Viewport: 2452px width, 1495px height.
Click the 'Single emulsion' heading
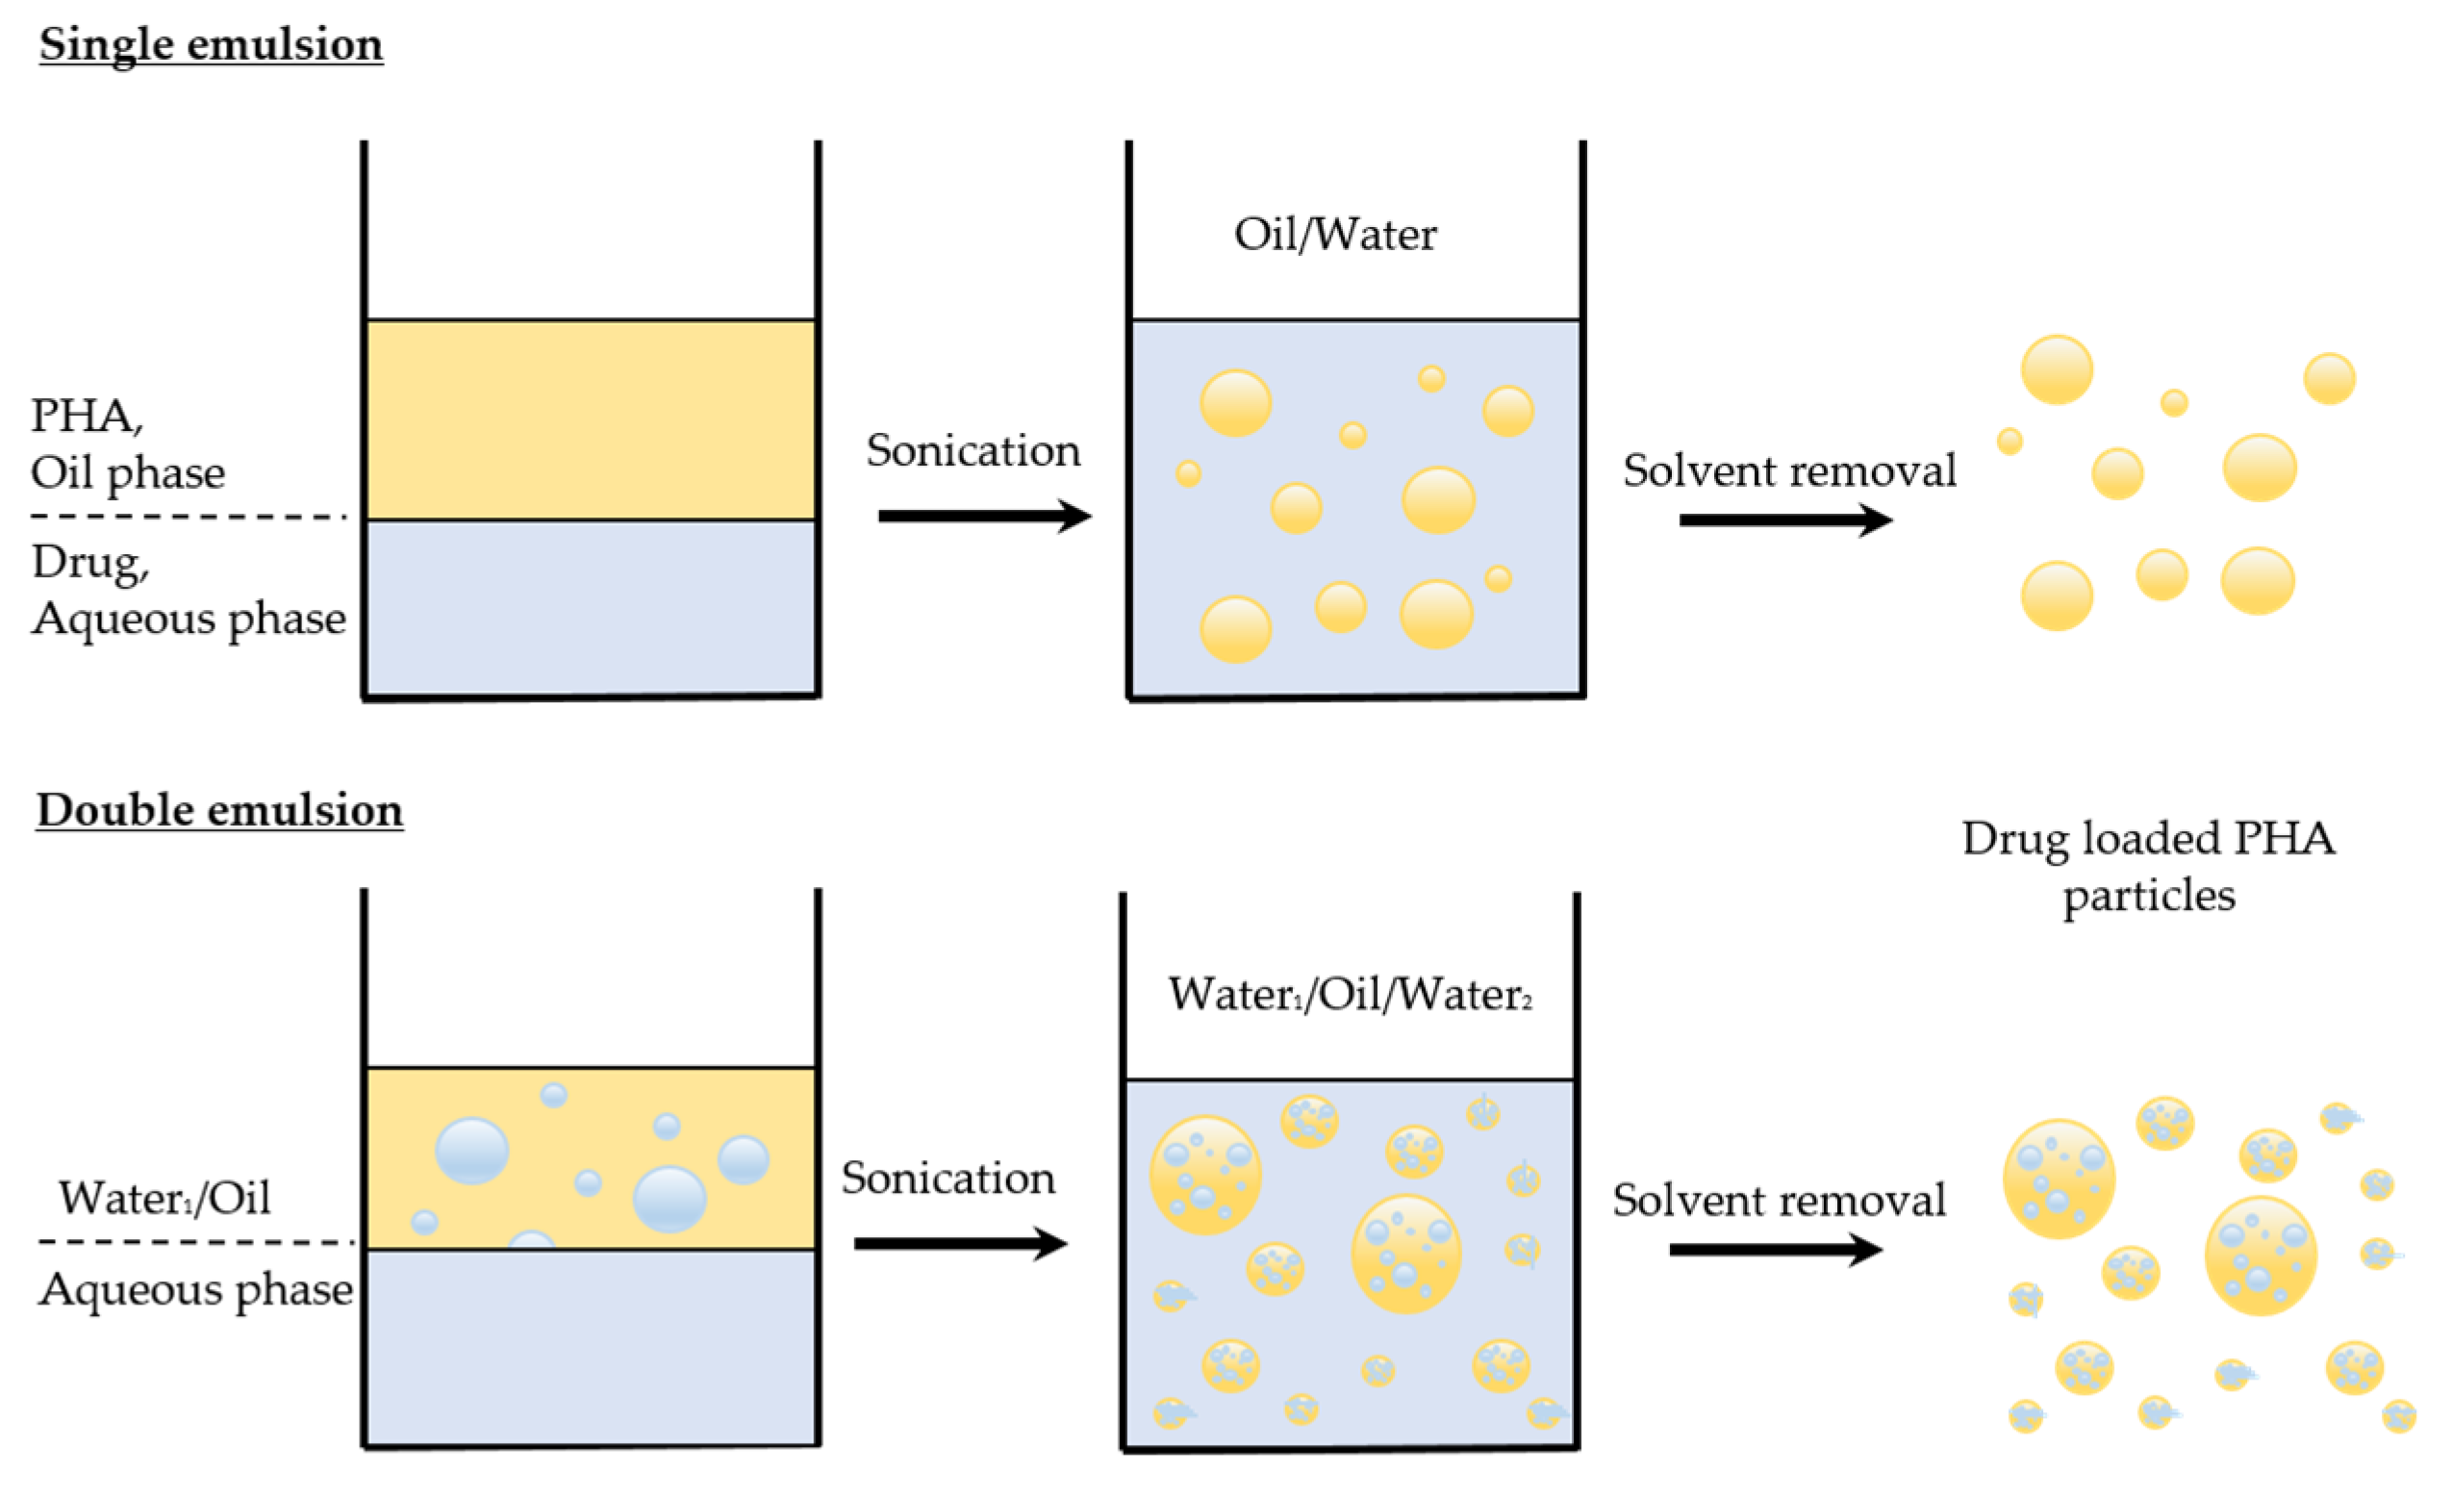coord(211,45)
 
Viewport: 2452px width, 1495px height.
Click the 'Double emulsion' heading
coord(220,810)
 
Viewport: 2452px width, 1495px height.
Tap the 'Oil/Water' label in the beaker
coord(1334,235)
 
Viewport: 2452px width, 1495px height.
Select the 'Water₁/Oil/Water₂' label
coord(1350,995)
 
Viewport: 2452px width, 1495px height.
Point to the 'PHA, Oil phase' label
coord(127,443)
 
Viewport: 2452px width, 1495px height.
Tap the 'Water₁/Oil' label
coord(164,1198)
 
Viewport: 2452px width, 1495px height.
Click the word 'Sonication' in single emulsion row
coord(973,451)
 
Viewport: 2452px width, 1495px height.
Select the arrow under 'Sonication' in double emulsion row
coord(960,1243)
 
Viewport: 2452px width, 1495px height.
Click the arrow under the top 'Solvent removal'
coord(1785,519)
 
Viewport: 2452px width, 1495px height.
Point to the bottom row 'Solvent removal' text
coord(1779,1200)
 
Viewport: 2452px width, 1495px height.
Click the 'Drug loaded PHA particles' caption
coord(2147,866)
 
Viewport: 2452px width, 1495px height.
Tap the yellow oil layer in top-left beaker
coord(591,419)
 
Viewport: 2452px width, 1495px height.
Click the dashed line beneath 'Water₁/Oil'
coord(196,1242)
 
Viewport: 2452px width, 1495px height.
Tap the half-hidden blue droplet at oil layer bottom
coord(531,1240)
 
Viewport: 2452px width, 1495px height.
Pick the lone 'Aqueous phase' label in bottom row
coord(196,1290)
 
